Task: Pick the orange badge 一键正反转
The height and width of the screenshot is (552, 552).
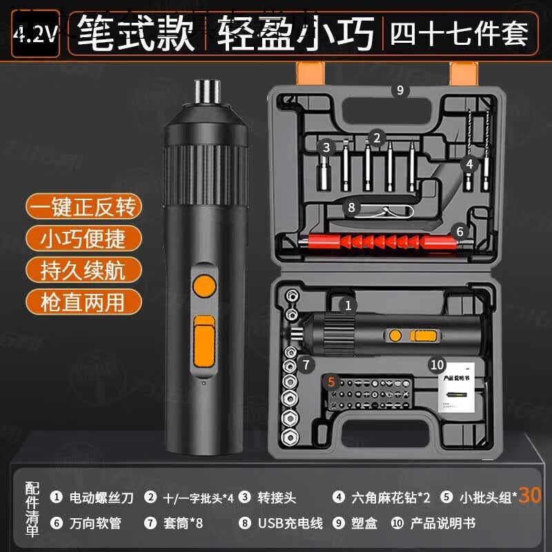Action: [83, 206]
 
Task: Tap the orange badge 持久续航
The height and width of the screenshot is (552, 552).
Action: [83, 269]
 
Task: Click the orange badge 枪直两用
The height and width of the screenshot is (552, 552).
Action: [83, 301]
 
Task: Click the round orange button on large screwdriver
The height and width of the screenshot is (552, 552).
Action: [203, 286]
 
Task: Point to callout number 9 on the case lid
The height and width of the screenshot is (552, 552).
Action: [400, 90]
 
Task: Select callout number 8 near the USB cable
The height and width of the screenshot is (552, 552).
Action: [351, 206]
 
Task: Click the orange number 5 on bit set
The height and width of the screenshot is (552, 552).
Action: [331, 380]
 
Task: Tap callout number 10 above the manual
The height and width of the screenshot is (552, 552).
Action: [436, 364]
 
